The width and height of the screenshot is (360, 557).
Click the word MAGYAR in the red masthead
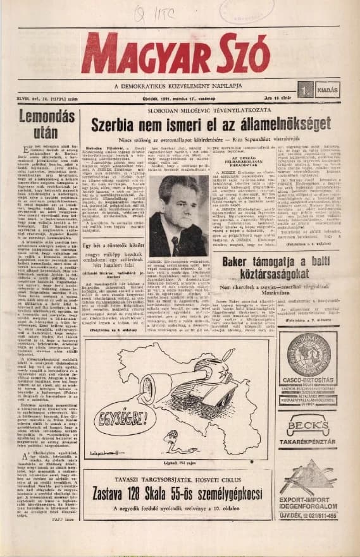tap(149, 53)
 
